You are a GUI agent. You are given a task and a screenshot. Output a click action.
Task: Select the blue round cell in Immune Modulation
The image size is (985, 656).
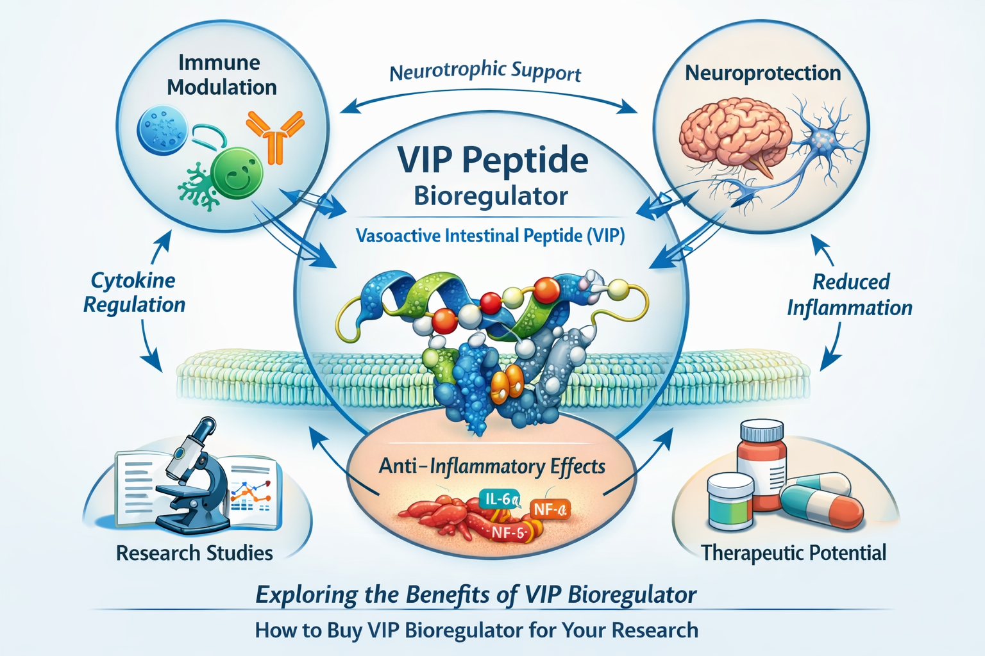162,130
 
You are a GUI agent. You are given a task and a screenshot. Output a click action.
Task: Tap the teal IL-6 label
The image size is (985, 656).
500,499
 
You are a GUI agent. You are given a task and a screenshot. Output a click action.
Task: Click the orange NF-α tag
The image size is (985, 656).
550,510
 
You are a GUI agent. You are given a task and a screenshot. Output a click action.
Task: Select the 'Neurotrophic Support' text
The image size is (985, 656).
485,72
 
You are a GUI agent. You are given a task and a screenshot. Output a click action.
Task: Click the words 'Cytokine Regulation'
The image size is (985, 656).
135,292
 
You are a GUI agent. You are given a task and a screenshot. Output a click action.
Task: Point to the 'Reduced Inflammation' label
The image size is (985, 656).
850,295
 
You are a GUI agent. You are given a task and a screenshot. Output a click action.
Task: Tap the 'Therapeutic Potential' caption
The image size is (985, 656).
793,552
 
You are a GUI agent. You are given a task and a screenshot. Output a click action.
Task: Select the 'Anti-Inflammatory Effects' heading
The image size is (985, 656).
492,466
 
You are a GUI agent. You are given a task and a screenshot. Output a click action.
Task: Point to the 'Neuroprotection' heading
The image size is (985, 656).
762,73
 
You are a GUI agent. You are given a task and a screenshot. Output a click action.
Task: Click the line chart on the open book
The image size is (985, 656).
250,490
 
